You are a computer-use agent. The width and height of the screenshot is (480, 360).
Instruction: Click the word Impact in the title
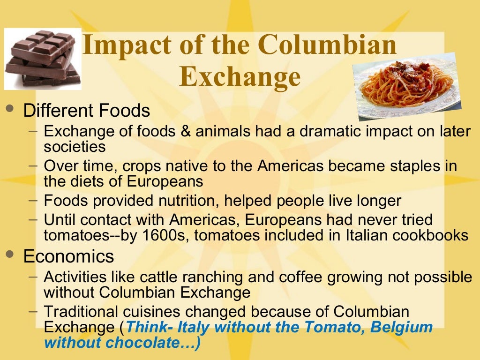(x=120, y=45)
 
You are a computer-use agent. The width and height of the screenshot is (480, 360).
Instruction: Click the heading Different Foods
(x=87, y=111)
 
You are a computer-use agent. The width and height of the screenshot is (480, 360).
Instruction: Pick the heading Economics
(x=68, y=256)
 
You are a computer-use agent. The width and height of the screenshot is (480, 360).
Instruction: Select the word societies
(x=75, y=147)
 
